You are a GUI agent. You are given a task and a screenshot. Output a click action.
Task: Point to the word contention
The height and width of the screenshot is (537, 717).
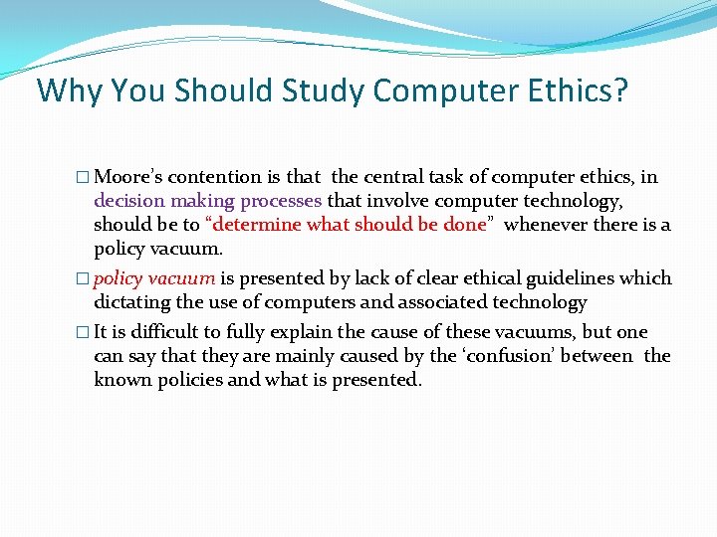coord(215,177)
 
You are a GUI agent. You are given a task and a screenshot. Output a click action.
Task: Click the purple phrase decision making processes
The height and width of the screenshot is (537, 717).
coord(207,201)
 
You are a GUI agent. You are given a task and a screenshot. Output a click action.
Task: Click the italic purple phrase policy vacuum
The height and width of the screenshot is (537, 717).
coord(154,278)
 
